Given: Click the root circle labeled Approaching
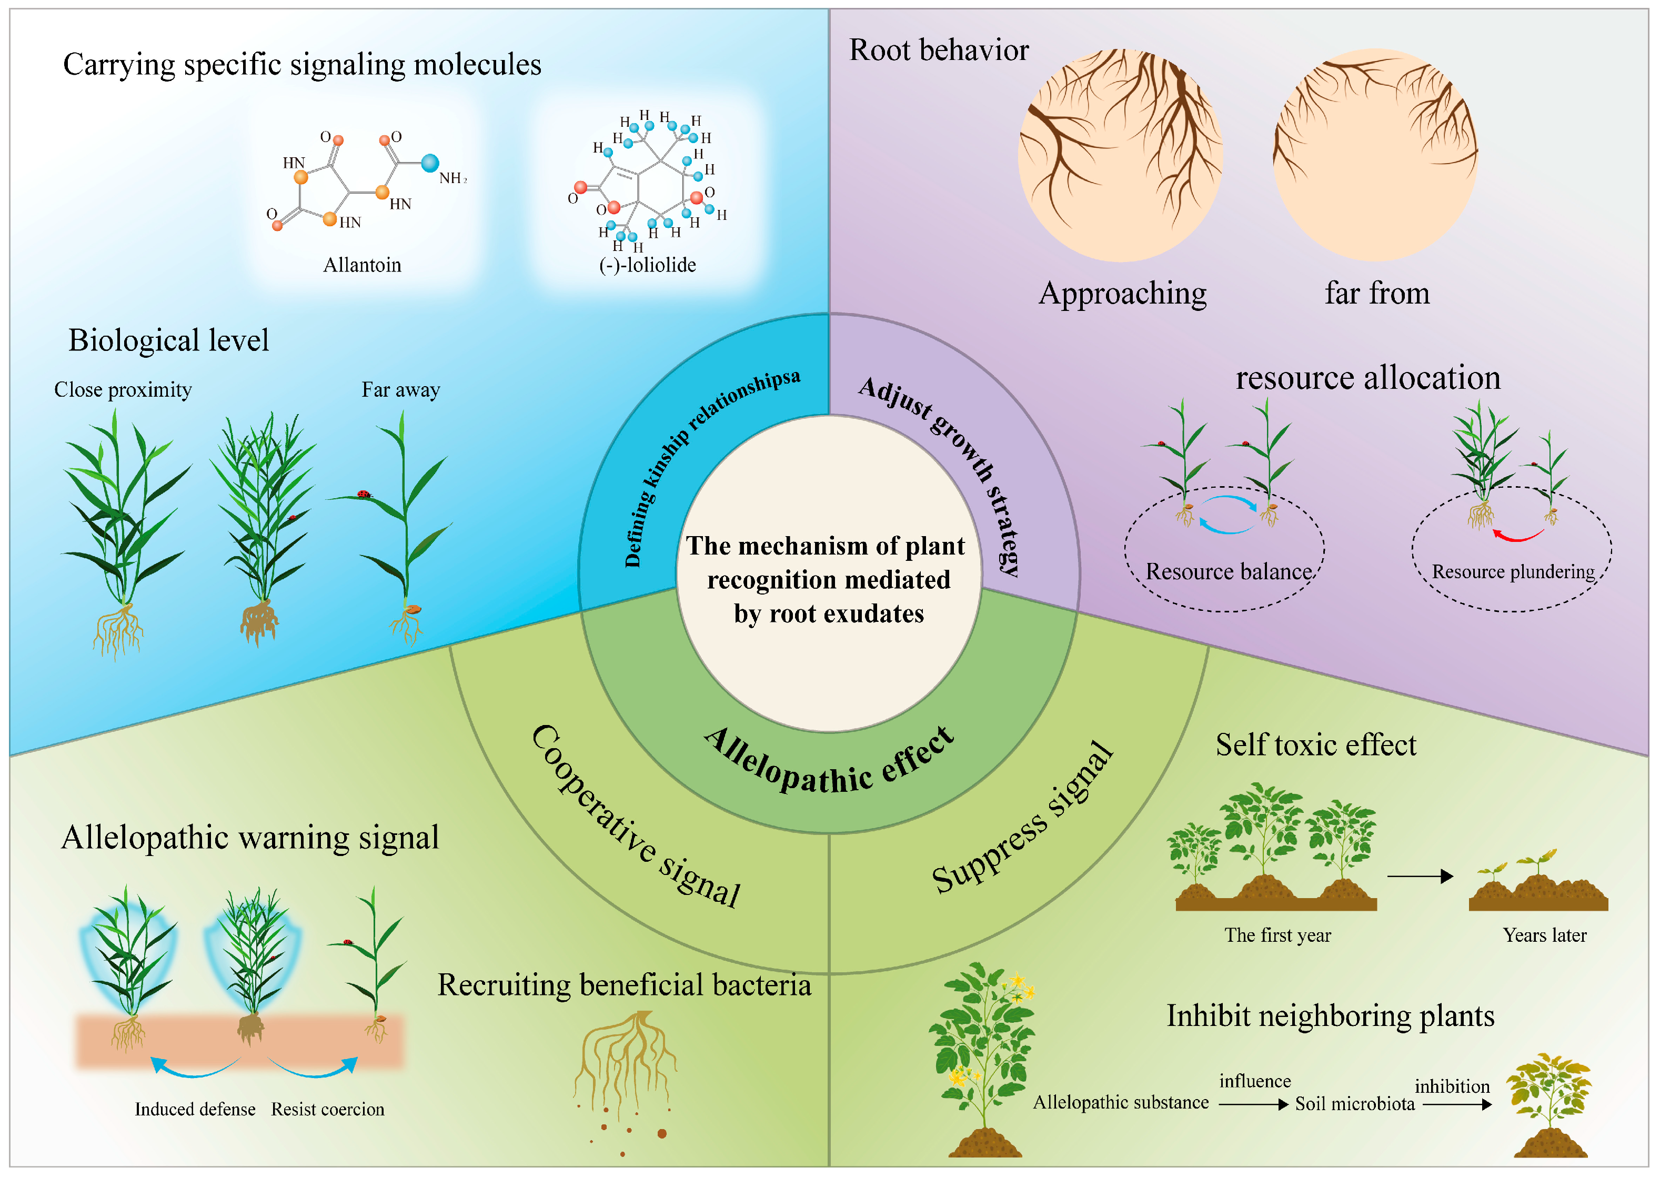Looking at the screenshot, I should click(1121, 155).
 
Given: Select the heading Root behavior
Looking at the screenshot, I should click(939, 50).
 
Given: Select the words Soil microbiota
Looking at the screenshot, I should click(1355, 1103).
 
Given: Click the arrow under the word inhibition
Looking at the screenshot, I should click(1457, 1105).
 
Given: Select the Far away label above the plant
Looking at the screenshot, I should click(400, 390).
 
